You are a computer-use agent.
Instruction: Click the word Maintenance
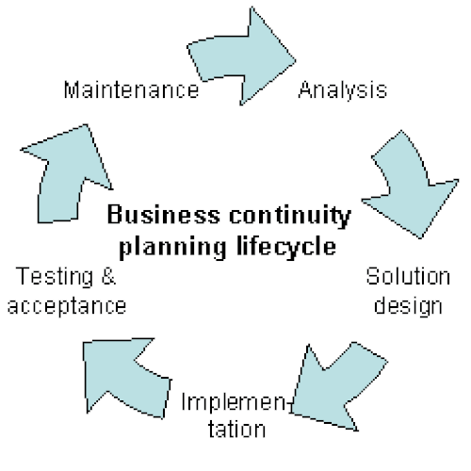click(x=132, y=89)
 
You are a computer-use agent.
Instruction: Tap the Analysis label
click(x=343, y=91)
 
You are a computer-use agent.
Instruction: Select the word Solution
click(x=408, y=276)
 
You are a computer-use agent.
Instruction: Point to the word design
click(x=408, y=306)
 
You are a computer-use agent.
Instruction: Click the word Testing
click(x=55, y=277)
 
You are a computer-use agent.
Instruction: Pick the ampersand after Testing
click(x=108, y=276)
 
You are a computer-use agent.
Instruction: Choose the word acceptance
click(x=67, y=307)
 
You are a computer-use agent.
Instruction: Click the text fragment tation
click(x=236, y=430)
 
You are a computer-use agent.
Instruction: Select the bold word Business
click(x=164, y=215)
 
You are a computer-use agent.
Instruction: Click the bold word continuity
click(x=290, y=217)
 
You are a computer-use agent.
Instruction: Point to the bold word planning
click(x=172, y=248)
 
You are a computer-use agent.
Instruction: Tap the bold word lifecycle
click(x=286, y=248)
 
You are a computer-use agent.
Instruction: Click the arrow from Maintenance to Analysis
click(x=243, y=57)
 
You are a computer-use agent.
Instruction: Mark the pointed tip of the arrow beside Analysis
click(x=296, y=60)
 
